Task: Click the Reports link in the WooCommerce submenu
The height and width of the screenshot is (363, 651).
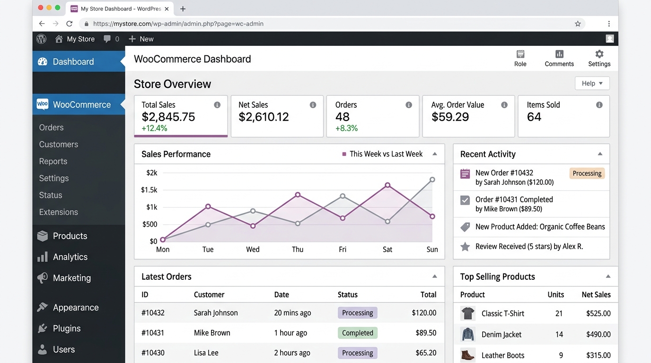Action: [53, 161]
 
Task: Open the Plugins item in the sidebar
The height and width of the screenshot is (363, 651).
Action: [66, 328]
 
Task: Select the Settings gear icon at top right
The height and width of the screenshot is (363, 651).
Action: [599, 54]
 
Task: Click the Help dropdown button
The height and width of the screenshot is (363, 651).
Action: [592, 83]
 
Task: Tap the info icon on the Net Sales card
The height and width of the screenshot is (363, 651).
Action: [313, 105]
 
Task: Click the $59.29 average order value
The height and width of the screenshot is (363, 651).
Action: [450, 117]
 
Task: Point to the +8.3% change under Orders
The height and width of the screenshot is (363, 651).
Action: [346, 128]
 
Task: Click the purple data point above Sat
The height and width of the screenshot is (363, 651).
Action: [387, 185]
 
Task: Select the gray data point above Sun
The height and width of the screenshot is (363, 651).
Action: [432, 180]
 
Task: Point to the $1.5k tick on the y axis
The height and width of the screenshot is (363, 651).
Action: [149, 190]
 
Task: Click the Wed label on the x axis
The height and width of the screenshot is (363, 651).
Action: [253, 250]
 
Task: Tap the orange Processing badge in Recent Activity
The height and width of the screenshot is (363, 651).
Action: [587, 173]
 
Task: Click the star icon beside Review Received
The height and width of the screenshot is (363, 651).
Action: [465, 246]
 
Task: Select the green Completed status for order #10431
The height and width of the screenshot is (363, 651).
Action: [357, 333]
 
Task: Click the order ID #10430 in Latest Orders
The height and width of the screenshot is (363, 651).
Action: [153, 353]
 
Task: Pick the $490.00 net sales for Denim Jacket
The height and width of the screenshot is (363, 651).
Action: [598, 334]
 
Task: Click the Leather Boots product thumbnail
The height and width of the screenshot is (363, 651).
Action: [468, 354]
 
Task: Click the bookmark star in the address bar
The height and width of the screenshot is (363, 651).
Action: [578, 24]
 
